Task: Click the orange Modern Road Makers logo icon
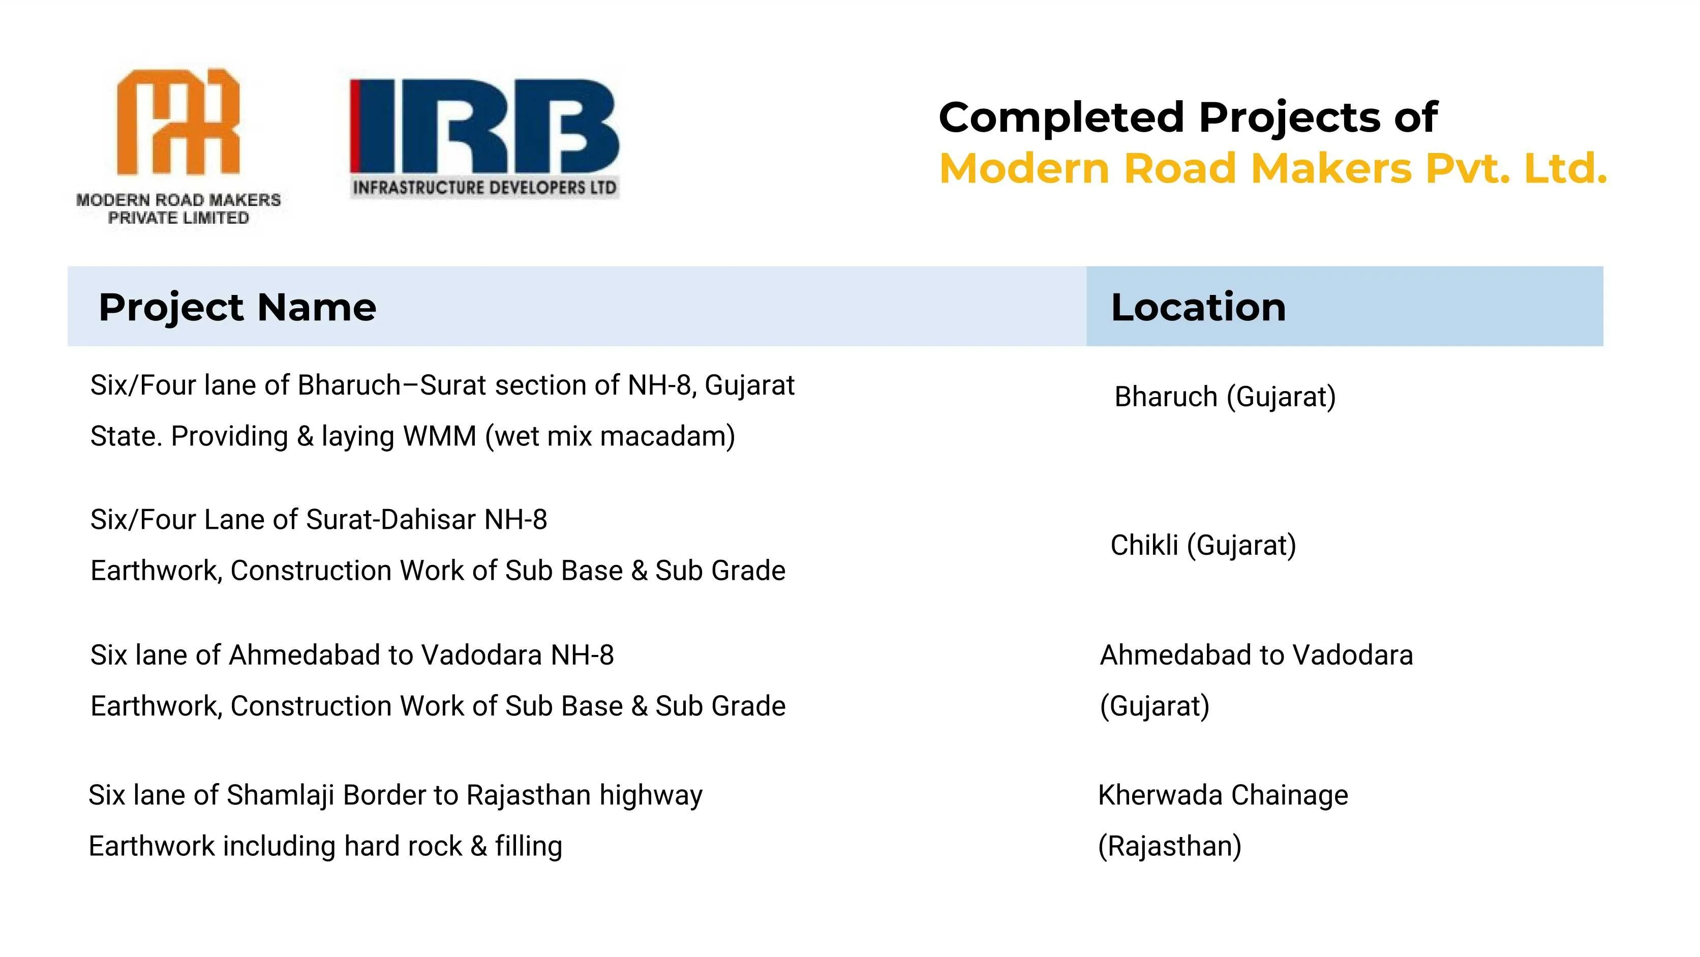click(178, 122)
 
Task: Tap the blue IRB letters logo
click(484, 126)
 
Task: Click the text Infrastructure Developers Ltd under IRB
click(484, 188)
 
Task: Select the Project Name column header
click(237, 308)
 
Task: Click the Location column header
click(1198, 307)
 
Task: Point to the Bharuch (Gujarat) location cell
click(1225, 397)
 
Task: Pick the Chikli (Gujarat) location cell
click(1203, 545)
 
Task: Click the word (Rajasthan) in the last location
click(1169, 846)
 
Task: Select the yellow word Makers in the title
click(1331, 168)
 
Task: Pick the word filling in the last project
click(529, 847)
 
